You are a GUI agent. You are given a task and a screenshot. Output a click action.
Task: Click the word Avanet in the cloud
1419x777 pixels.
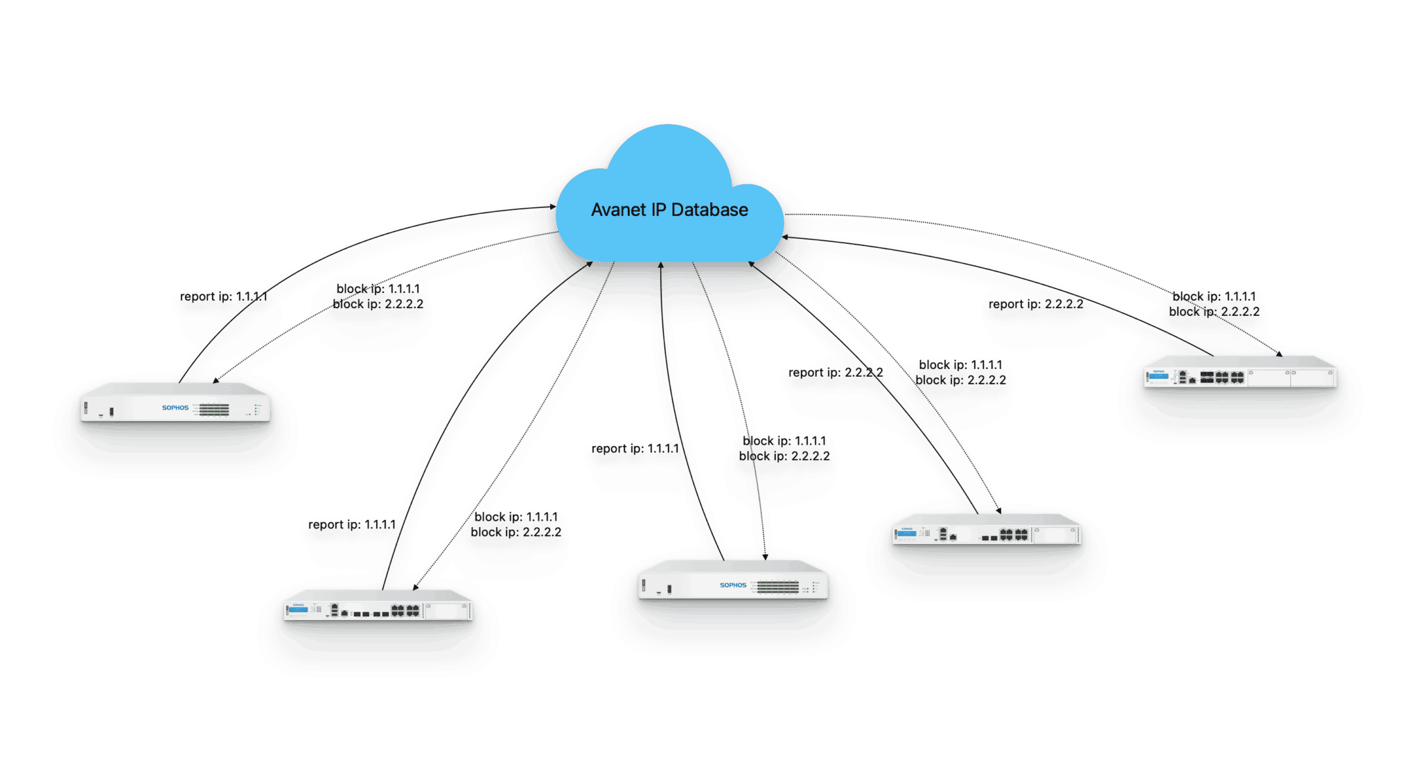pos(618,210)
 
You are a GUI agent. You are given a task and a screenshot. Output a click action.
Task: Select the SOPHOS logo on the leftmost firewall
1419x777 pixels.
pos(175,408)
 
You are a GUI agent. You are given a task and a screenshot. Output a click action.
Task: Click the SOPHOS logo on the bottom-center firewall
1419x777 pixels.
pos(733,585)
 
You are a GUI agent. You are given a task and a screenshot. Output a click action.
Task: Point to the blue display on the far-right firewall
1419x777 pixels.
pos(1158,376)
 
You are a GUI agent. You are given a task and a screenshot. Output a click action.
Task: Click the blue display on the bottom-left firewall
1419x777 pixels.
pos(299,609)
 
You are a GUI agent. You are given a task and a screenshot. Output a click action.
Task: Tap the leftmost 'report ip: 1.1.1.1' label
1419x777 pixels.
pos(223,296)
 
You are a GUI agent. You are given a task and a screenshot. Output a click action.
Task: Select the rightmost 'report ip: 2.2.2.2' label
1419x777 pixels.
pos(1036,304)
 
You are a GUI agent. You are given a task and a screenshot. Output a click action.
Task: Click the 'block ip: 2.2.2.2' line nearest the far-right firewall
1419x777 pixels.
pos(1214,312)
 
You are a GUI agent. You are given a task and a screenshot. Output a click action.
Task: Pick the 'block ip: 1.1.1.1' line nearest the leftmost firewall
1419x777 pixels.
pos(378,289)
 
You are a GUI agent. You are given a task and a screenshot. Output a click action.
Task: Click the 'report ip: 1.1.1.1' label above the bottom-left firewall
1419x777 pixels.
pos(352,525)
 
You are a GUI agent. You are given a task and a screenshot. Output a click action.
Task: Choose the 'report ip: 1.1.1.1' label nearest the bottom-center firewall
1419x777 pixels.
pos(635,449)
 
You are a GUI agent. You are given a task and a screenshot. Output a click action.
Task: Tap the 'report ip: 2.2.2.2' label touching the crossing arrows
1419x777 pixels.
pos(836,373)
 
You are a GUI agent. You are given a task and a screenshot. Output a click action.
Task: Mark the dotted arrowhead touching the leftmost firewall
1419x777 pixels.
pos(215,380)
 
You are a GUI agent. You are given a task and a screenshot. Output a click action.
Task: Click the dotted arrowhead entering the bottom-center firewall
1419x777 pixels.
pos(765,556)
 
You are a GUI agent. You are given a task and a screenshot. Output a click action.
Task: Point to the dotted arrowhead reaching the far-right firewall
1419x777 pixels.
pos(1279,354)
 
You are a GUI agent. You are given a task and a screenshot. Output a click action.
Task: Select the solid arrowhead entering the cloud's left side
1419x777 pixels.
pos(553,206)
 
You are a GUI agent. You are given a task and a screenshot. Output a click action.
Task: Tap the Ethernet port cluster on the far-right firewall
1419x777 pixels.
pos(1222,377)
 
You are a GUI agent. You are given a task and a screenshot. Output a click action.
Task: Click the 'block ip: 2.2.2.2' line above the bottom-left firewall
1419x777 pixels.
pos(516,533)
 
